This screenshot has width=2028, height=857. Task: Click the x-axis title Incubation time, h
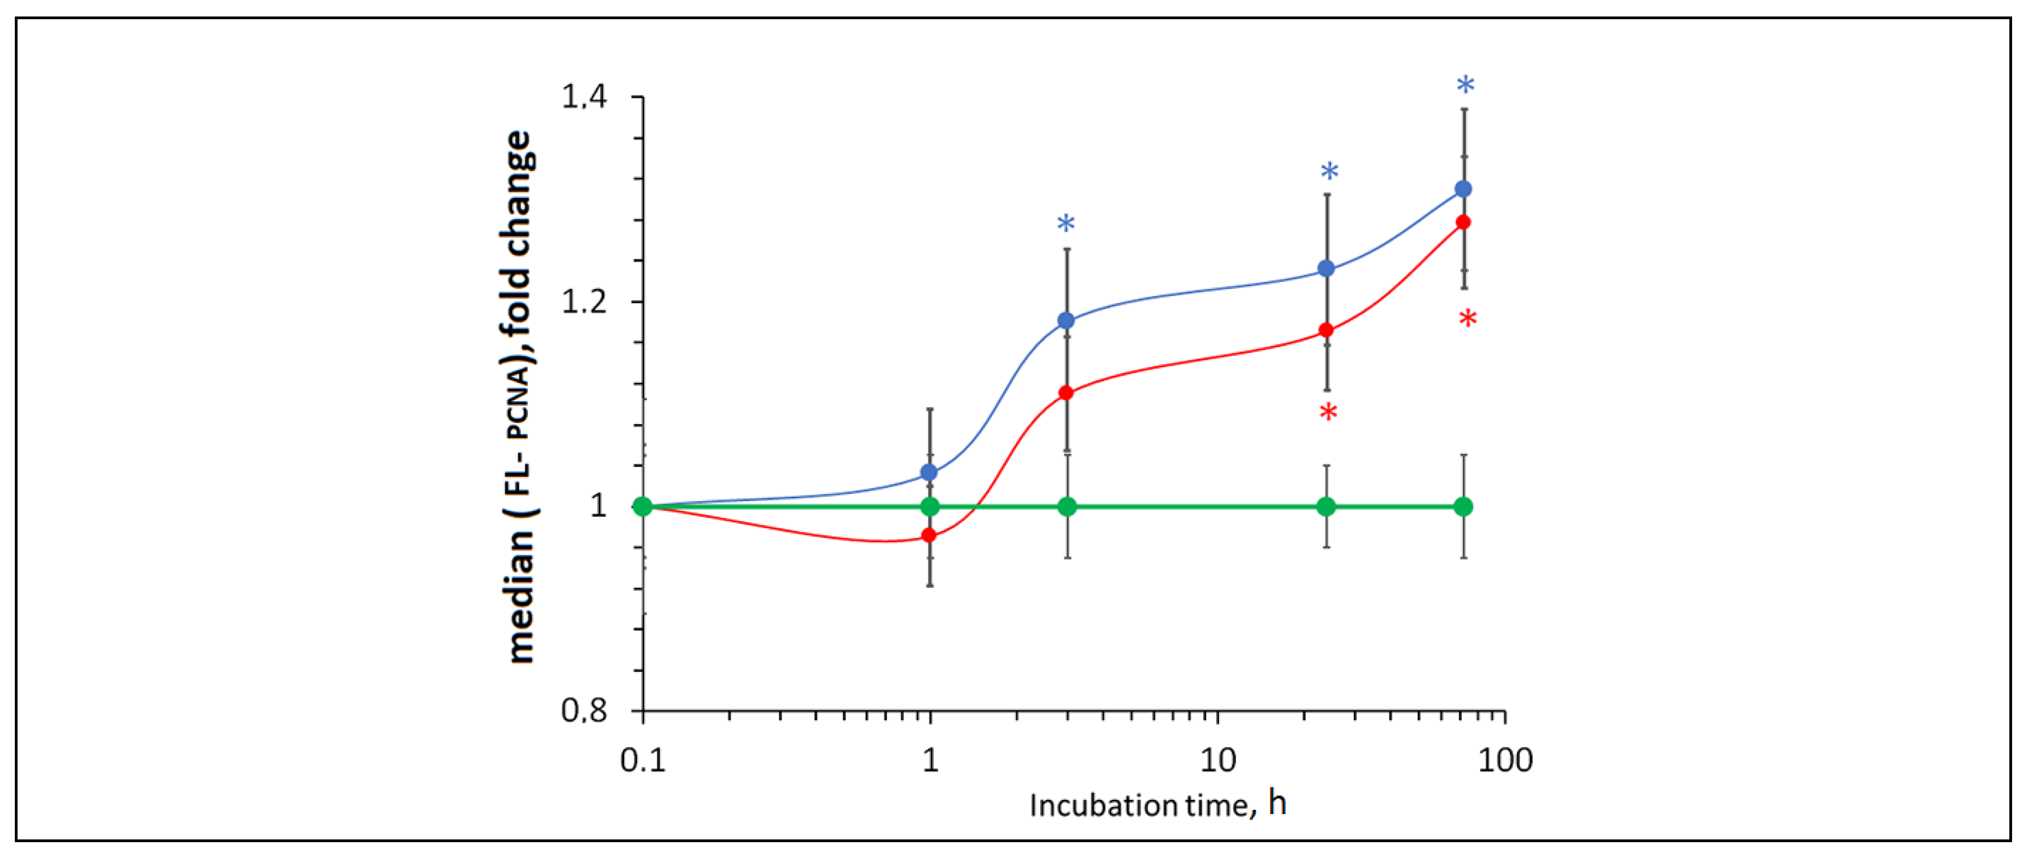pos(1158,805)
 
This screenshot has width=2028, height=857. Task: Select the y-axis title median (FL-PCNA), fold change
pos(520,398)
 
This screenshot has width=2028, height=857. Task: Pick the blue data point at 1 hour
pos(929,472)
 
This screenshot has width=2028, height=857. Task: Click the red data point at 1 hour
pos(929,536)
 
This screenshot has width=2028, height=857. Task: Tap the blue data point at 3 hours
pos(1066,321)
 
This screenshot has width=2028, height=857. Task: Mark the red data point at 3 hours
pos(1066,393)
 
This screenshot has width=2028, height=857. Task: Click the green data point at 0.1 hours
pos(643,507)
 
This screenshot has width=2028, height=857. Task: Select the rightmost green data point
pos(1463,507)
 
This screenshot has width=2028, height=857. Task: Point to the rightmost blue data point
pos(1463,189)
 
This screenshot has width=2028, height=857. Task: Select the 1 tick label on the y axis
pos(598,507)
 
